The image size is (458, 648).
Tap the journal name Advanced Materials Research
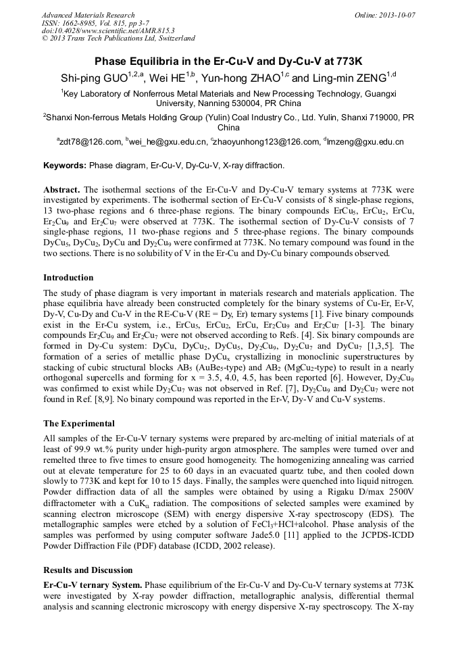pyautogui.click(x=88, y=15)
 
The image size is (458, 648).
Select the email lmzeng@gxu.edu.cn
pyautogui.click(x=365, y=142)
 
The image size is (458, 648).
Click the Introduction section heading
pyautogui.click(x=68, y=278)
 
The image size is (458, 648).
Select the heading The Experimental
pyautogui.click(x=79, y=424)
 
